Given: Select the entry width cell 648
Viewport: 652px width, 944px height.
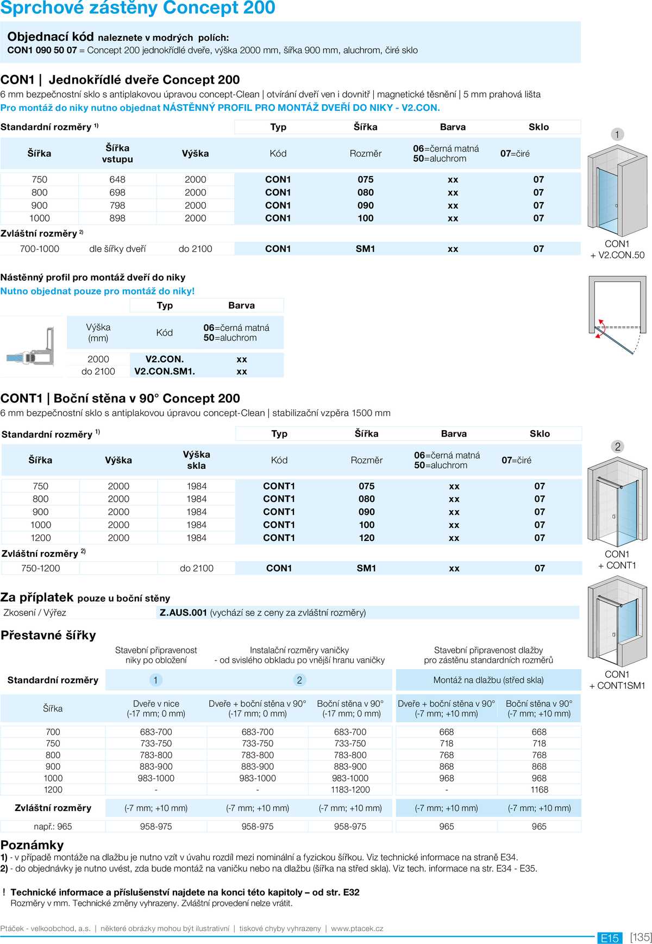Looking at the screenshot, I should (x=117, y=179).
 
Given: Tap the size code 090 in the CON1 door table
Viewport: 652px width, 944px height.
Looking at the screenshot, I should (x=365, y=205).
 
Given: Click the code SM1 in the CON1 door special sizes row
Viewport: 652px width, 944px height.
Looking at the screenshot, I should (x=365, y=249).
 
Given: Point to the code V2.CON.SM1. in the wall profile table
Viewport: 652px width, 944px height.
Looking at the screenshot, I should (x=165, y=372).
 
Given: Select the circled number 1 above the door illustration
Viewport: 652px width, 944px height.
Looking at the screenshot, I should (x=617, y=134).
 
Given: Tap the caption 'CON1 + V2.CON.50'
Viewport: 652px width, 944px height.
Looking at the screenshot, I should (x=617, y=249).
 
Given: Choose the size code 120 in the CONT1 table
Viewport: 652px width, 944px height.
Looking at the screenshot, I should (x=367, y=538).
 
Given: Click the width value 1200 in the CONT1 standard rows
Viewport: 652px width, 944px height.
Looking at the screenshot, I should (x=41, y=538).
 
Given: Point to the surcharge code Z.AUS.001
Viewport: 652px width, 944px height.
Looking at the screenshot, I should (x=183, y=613).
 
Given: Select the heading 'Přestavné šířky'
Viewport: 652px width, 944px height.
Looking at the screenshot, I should (x=48, y=635).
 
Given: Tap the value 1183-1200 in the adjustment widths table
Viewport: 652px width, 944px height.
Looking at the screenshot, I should (x=350, y=790).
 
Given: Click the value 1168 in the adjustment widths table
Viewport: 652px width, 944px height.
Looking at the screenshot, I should (x=539, y=790).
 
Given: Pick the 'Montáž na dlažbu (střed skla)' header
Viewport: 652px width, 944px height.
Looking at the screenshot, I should (x=488, y=680).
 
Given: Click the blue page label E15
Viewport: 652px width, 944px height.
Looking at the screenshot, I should (x=610, y=938).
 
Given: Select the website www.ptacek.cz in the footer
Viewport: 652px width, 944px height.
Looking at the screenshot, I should (x=357, y=928).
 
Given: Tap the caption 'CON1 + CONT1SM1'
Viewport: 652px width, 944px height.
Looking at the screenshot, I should (x=617, y=680).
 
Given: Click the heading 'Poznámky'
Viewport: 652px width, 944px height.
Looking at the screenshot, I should (x=32, y=845).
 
